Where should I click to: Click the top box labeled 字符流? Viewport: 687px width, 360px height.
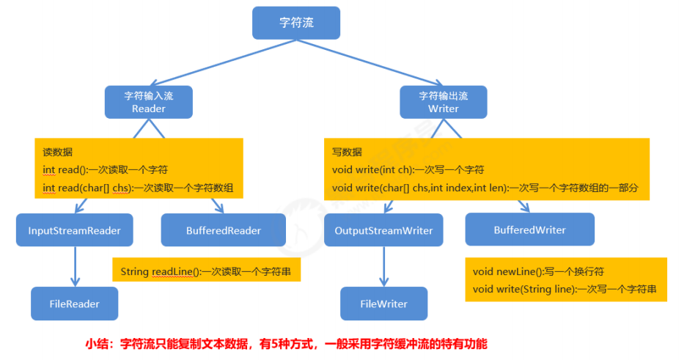pyautogui.click(x=296, y=23)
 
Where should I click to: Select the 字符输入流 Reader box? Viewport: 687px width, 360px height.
pyautogui.click(x=148, y=102)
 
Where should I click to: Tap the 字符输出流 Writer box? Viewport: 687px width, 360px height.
pyautogui.click(x=443, y=102)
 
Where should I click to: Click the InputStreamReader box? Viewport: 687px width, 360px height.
pyautogui.click(x=74, y=230)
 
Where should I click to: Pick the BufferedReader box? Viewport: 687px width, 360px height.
pyautogui.click(x=222, y=230)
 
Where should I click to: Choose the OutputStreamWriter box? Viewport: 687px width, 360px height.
pyautogui.click(x=383, y=231)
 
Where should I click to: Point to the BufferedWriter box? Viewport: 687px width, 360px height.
pyautogui.click(x=529, y=229)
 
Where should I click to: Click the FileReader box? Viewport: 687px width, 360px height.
pyautogui.click(x=74, y=304)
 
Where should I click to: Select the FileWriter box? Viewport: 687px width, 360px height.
pyautogui.click(x=383, y=304)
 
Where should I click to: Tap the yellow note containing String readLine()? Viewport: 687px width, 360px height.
pyautogui.click(x=206, y=271)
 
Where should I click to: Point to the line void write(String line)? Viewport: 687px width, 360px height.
pyautogui.click(x=565, y=290)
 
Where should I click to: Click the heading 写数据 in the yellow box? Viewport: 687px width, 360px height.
pyautogui.click(x=347, y=152)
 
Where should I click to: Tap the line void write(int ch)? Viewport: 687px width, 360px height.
pyautogui.click(x=408, y=169)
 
